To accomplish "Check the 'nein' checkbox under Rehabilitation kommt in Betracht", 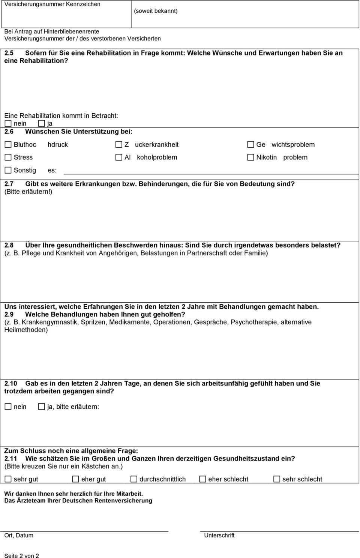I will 8,123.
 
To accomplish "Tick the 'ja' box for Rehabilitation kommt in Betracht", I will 42,123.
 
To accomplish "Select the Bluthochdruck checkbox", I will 8,144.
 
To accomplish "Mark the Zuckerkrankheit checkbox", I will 119,144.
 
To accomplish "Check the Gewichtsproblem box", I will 250,144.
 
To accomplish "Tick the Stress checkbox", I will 8,157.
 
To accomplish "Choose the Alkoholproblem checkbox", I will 119,157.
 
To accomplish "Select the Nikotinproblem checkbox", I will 250,157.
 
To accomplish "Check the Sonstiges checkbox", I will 8,170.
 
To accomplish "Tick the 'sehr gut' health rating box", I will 8,479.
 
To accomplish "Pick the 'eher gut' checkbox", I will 76,479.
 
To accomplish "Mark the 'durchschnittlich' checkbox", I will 134,479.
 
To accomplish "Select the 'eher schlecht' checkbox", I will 202,479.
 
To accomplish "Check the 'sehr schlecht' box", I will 277,479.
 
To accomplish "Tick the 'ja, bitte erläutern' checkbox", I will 42,406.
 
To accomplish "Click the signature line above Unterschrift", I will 279,531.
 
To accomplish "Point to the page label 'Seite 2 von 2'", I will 22,555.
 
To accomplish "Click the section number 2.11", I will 11,458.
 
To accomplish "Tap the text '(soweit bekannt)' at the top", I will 156,11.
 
